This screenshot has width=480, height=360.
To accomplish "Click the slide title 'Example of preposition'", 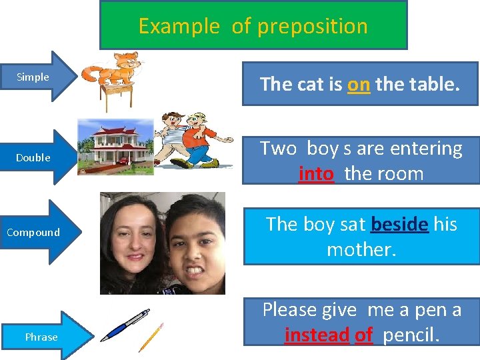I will tap(253, 26).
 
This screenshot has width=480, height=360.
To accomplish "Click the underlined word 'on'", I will tap(359, 84).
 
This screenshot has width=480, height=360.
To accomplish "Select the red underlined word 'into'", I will tap(316, 174).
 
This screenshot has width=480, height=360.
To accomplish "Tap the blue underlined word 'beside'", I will tap(399, 224).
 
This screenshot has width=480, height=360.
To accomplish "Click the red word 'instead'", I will tap(317, 335).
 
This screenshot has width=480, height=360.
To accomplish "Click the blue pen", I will tap(125, 325).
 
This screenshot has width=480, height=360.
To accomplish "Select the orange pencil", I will tap(151, 337).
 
